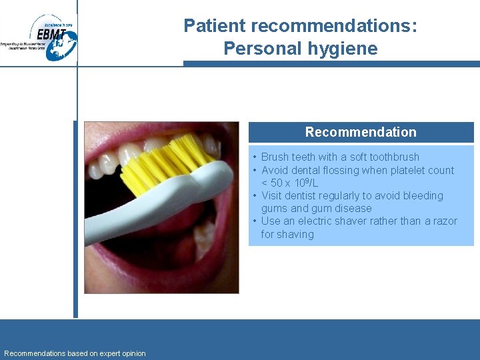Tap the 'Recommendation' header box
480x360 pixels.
point(361,132)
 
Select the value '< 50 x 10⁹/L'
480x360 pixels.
point(289,183)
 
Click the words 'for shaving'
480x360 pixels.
point(287,235)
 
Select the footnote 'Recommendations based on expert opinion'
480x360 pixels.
point(75,353)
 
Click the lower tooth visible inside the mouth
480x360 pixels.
point(204,233)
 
